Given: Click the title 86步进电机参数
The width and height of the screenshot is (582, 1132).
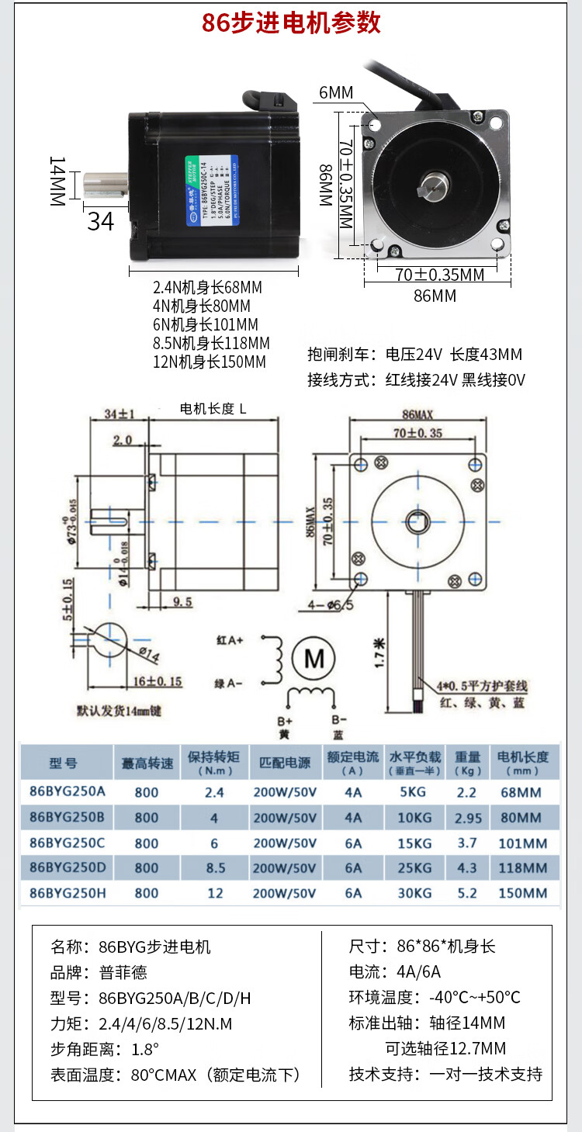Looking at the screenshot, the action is click(x=291, y=23).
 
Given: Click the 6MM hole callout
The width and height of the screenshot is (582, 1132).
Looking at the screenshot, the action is click(x=335, y=93).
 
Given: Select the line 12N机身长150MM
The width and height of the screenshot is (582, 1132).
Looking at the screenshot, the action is click(x=210, y=362).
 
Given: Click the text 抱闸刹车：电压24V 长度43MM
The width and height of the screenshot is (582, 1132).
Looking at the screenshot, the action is click(x=414, y=355).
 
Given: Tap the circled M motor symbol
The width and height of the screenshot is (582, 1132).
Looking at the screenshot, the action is click(x=314, y=659).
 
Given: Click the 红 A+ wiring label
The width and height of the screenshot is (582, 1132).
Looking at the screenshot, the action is click(x=230, y=641).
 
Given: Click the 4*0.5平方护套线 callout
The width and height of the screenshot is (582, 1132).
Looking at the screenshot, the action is click(x=481, y=686).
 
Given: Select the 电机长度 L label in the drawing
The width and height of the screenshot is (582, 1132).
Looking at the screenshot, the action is click(x=213, y=408).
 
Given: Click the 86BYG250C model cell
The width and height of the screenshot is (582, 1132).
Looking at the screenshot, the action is click(x=67, y=843).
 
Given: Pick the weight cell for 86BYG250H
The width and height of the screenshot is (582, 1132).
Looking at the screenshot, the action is click(x=467, y=893).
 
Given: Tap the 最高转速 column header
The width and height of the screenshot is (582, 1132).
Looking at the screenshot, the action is click(x=147, y=763).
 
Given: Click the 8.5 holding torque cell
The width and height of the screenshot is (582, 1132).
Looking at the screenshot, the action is click(x=215, y=868).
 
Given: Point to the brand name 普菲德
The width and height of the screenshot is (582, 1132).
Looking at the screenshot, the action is click(x=123, y=972).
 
